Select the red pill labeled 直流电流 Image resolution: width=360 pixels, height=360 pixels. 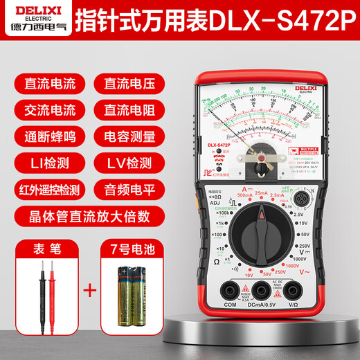[x=46, y=85]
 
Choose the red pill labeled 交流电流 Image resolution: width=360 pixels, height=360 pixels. [x=46, y=110]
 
